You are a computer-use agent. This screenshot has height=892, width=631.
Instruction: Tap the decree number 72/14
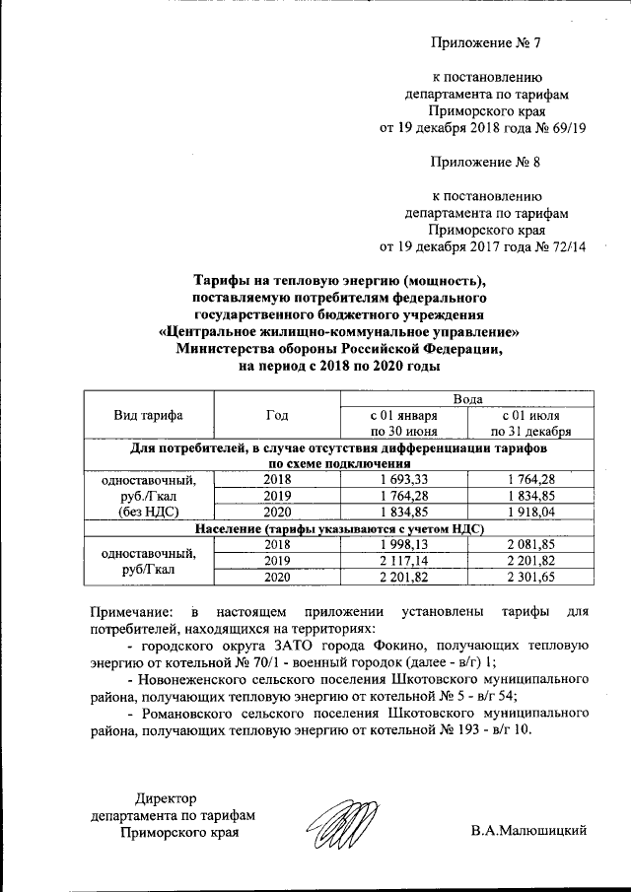pos(565,246)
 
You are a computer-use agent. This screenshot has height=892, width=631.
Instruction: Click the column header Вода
pos(466,398)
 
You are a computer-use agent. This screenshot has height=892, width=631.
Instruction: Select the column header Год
pos(277,415)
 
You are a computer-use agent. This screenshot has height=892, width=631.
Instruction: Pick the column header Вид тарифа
pos(149,415)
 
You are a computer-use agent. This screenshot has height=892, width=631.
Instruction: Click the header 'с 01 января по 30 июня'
pos(403,423)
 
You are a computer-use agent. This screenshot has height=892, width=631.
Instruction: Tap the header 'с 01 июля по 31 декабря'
pos(530,423)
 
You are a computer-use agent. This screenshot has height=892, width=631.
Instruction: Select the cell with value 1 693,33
pos(403,478)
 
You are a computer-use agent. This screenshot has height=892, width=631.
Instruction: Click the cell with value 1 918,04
pos(530,513)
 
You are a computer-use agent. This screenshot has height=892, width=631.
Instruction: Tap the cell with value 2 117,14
pos(403,560)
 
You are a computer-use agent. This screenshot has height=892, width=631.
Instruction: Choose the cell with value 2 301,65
pos(530,577)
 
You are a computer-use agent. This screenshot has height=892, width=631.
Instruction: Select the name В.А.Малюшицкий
pos(528,831)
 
